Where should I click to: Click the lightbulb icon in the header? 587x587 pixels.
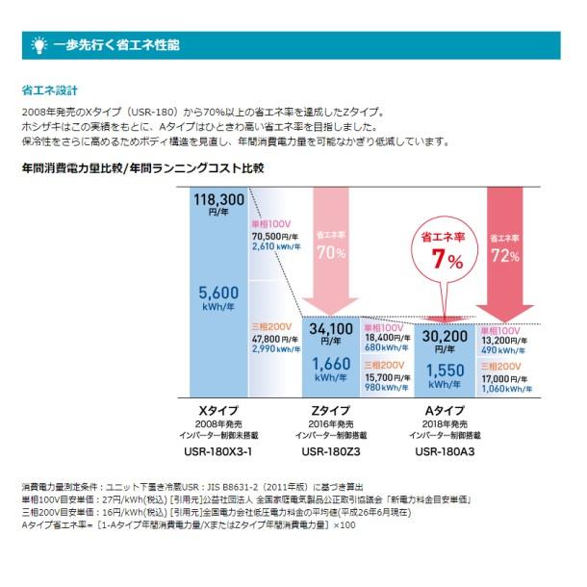point(38,45)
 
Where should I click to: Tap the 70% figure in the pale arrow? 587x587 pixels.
point(331,254)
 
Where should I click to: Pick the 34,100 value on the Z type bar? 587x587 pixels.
point(331,329)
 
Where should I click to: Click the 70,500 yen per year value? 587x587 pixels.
point(273,235)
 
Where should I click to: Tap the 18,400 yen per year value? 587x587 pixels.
point(383,337)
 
